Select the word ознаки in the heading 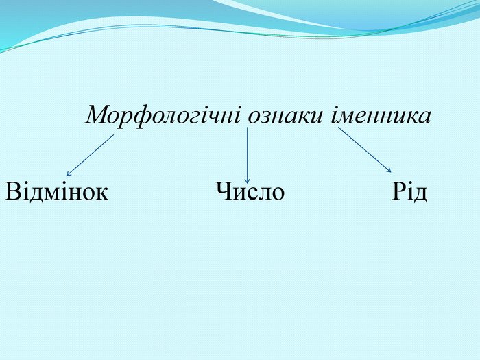click(285, 115)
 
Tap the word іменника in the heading click(381, 115)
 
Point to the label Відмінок click(57, 191)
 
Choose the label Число click(250, 191)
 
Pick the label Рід click(409, 191)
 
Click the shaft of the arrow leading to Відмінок click(90, 155)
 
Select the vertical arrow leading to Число click(248, 155)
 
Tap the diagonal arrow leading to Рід click(365, 150)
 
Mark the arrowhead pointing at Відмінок click(68, 174)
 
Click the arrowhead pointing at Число click(248, 181)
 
